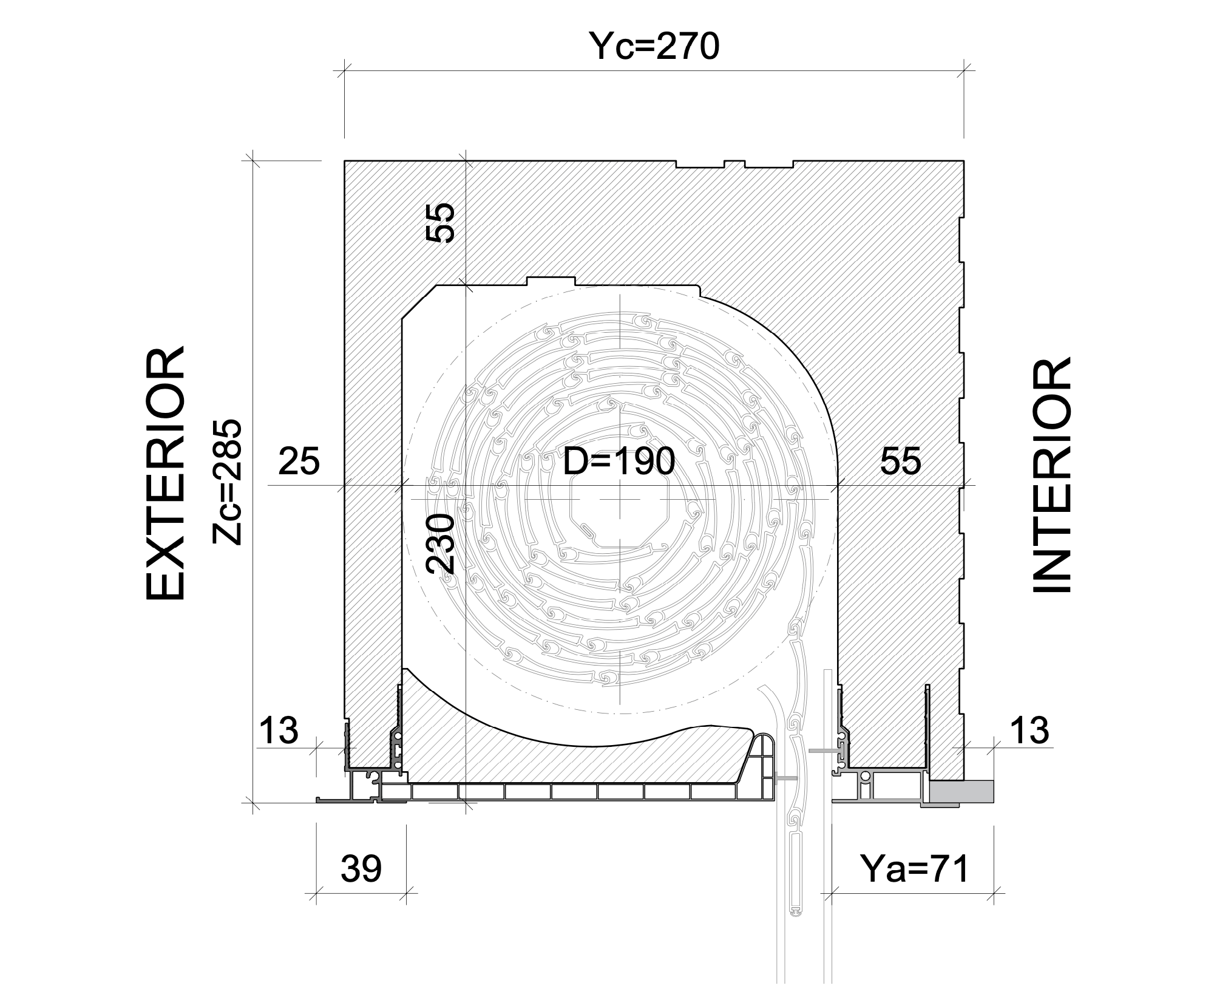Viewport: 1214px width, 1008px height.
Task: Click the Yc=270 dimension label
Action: (x=655, y=47)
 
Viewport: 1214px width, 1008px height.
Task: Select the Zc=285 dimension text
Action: (x=228, y=482)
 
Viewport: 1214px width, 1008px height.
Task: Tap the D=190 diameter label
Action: (x=619, y=461)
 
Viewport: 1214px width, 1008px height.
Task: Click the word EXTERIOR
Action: (x=164, y=474)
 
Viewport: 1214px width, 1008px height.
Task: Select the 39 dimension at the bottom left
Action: (x=361, y=869)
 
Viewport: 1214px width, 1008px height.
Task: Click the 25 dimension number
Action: (x=299, y=461)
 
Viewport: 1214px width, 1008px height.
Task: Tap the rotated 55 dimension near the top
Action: (x=441, y=223)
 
